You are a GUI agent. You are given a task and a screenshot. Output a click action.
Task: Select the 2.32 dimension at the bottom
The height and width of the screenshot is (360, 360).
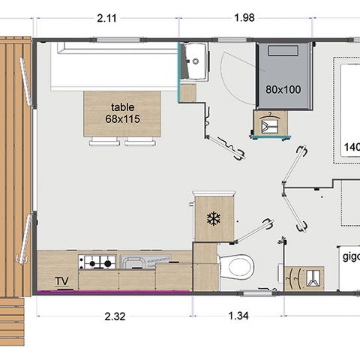pos(114,316)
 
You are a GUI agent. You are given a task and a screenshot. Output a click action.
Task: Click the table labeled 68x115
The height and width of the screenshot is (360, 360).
pos(122,113)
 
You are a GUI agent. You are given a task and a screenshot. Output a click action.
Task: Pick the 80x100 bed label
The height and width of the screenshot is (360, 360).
pos(283,89)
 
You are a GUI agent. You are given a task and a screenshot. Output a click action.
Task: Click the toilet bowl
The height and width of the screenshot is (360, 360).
pos(238,265)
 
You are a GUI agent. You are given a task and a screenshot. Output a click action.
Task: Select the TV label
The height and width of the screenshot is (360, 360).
pos(61,282)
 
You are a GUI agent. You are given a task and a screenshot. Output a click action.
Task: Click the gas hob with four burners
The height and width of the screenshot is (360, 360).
pos(97,262)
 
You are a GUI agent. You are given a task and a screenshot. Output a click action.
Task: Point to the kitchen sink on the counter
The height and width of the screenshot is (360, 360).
pos(136,262)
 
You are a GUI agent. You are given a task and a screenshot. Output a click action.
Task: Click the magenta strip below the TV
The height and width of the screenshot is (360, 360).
pos(112,293)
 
